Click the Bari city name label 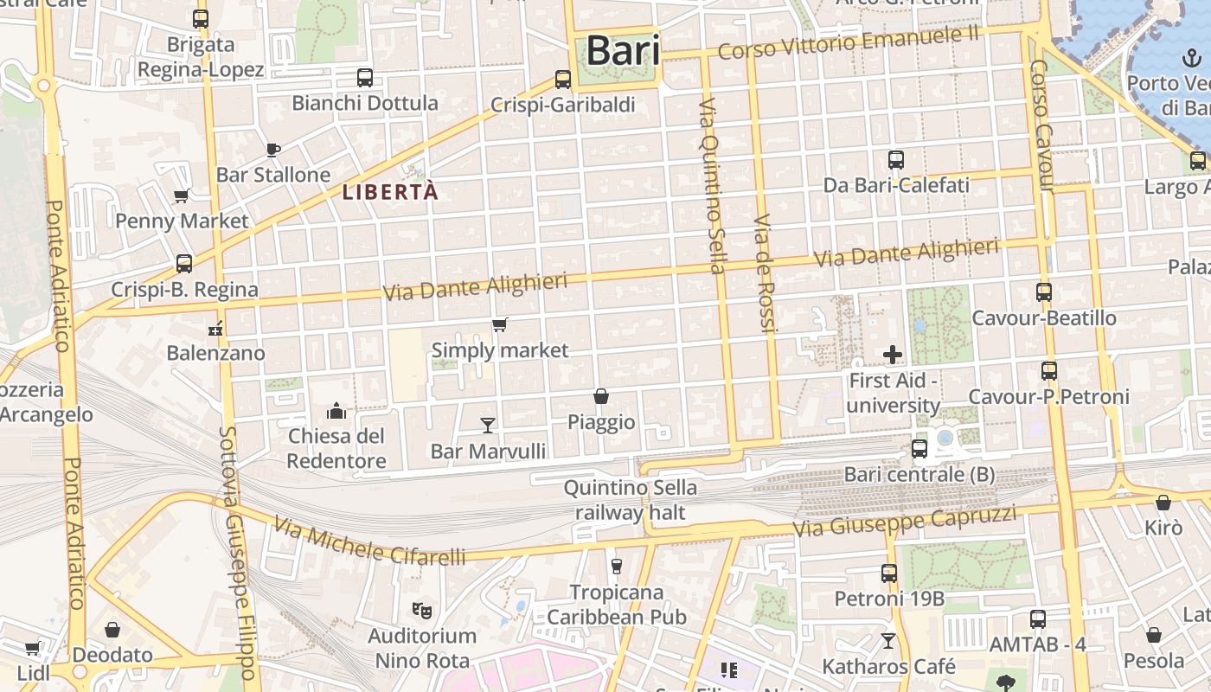(x=623, y=50)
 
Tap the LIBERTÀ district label (x=390, y=192)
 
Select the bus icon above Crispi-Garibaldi (x=563, y=80)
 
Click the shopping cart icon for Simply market (x=500, y=325)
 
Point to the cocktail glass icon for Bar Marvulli (x=488, y=425)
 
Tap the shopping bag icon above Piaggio (x=601, y=396)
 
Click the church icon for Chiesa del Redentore (x=336, y=410)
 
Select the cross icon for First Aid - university (x=893, y=355)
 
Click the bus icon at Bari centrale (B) (x=919, y=449)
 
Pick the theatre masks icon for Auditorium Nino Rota (x=422, y=610)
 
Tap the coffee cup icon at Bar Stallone (x=273, y=150)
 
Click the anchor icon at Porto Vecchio (x=1191, y=59)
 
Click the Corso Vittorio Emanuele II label (x=849, y=42)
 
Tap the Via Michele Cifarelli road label (x=370, y=541)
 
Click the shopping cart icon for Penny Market (x=182, y=195)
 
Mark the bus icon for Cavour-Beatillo (x=1044, y=292)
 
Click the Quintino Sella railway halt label (x=631, y=500)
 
